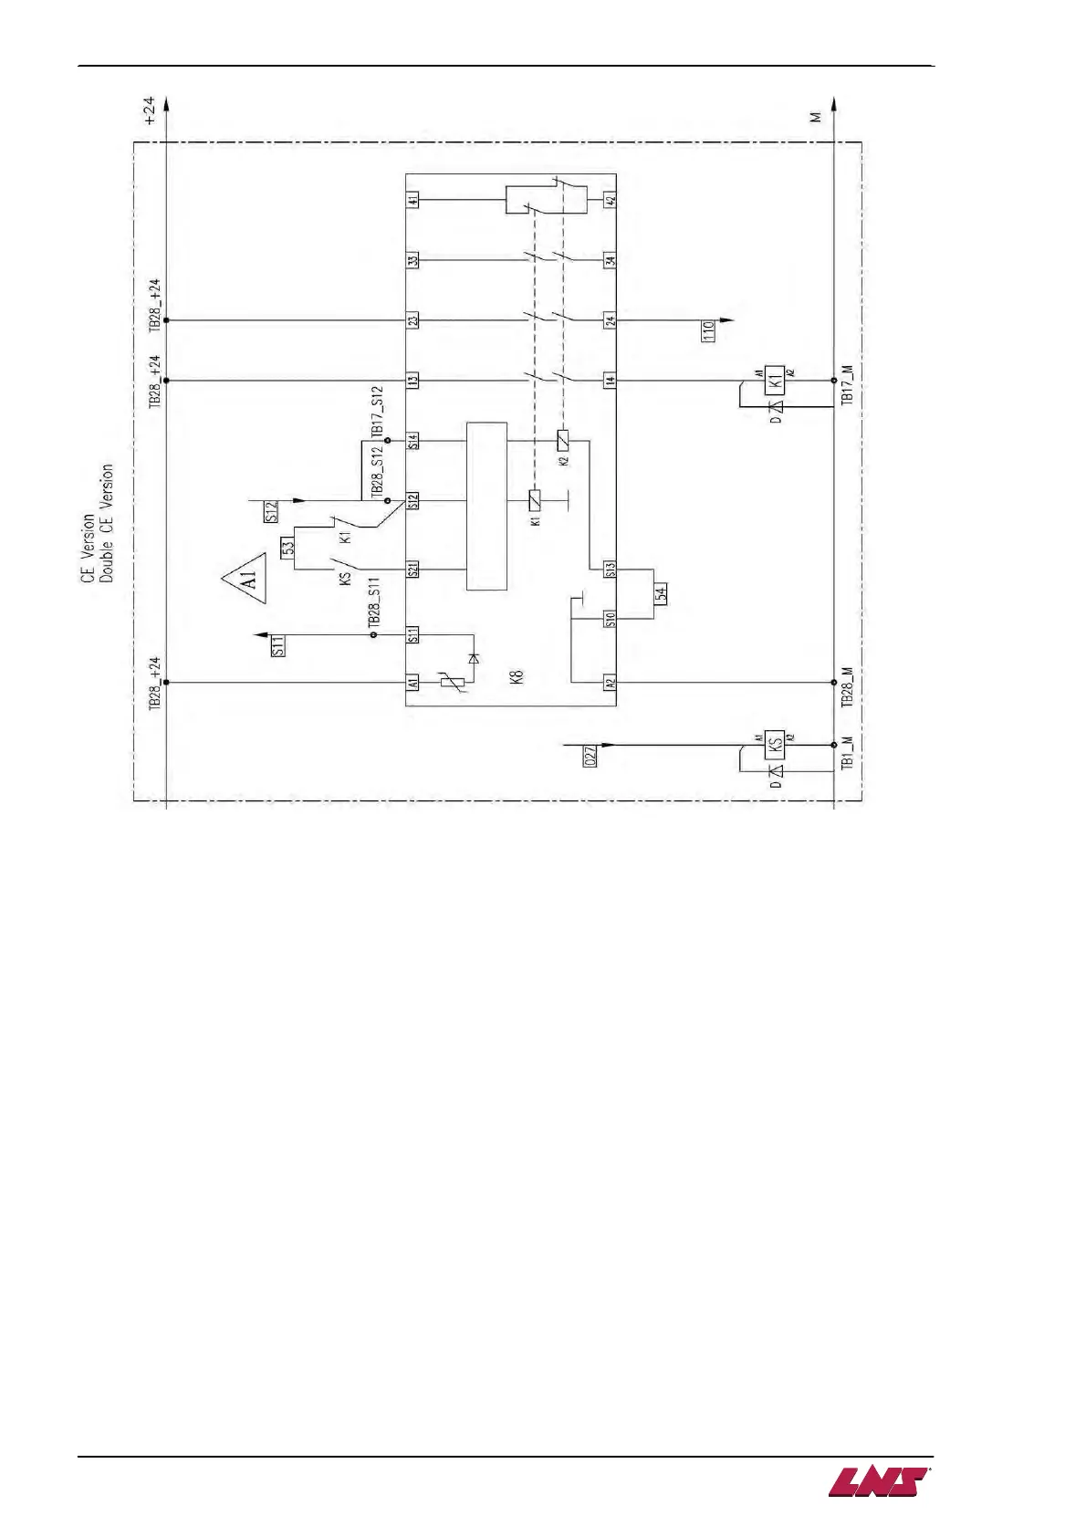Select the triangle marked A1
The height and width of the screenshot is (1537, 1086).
click(x=245, y=578)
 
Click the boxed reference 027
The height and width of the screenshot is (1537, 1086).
click(x=590, y=756)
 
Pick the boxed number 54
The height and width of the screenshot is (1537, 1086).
click(x=661, y=593)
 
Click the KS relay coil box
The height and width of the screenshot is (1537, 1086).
click(x=774, y=744)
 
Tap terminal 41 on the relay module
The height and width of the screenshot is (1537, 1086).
click(x=413, y=200)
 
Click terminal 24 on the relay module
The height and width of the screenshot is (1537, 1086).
click(x=610, y=320)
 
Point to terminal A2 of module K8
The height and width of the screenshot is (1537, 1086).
click(x=610, y=682)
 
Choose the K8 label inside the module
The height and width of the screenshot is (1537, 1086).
click(x=517, y=677)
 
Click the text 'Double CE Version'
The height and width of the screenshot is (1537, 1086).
click(x=107, y=523)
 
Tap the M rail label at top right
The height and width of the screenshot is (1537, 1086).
click(x=816, y=116)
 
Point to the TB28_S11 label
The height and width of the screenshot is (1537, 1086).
click(x=373, y=602)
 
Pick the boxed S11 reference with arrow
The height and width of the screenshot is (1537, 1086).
click(x=278, y=646)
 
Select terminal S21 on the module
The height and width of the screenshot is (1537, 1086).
click(x=413, y=570)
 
